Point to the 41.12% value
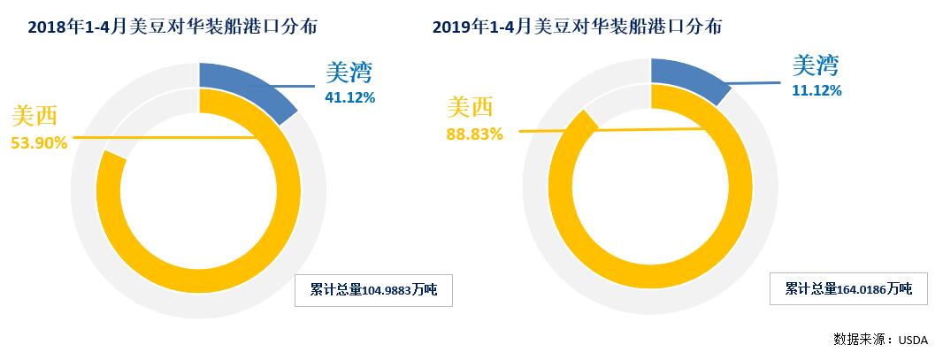tap(350, 98)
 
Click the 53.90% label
tap(39, 142)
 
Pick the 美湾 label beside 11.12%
tap(815, 65)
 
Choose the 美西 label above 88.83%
tap(470, 107)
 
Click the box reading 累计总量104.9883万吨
tap(373, 290)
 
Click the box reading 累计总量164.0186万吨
tap(847, 288)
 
